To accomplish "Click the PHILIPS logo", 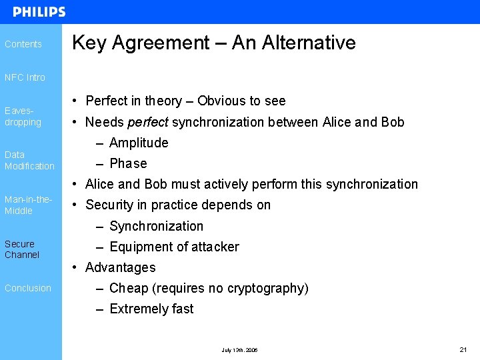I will point(39,12).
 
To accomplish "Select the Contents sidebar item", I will point(23,44).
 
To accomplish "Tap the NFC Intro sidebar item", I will point(25,77).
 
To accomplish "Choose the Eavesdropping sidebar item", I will point(23,117).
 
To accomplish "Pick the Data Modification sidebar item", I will point(29,160).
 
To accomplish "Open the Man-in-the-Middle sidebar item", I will point(28,205).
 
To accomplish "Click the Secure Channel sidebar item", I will point(22,249).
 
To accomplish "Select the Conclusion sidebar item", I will point(28,288).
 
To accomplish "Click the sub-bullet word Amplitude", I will point(139,143).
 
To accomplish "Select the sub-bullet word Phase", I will point(128,163).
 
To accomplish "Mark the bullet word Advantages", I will point(121,267).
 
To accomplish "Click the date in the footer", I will point(239,350).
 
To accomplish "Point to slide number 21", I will point(463,349).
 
